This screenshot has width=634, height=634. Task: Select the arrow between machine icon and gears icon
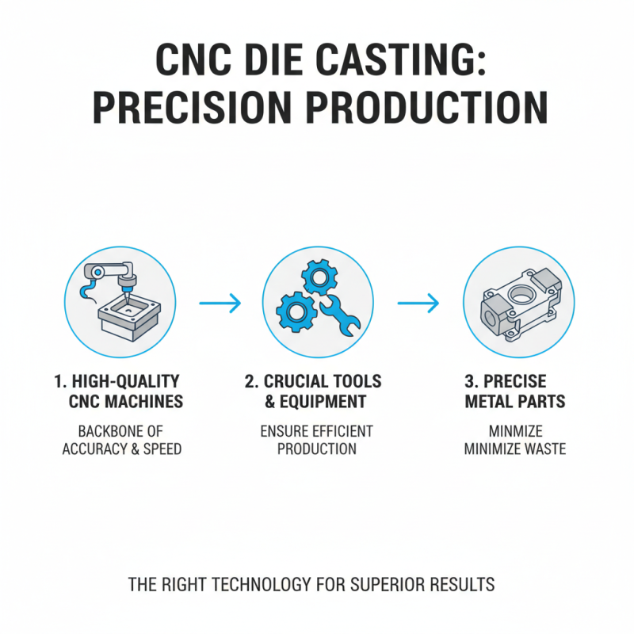[219, 303]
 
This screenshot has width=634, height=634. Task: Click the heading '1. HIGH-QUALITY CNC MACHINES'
[118, 391]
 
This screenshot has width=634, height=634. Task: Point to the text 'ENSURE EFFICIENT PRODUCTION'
[317, 440]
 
